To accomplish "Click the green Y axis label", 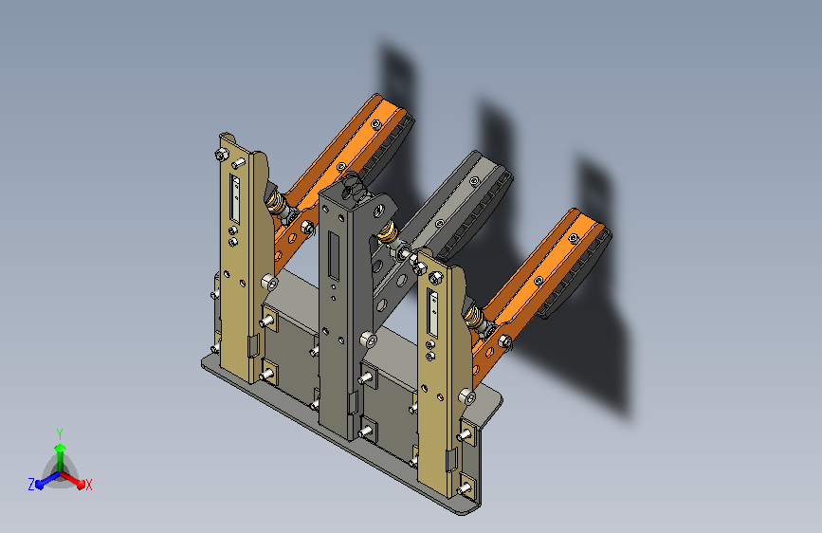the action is [60, 433].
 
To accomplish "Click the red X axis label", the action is [88, 485].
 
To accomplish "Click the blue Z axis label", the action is [31, 485].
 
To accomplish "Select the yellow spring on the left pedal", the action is [275, 202].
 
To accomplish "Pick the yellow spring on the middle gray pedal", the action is [387, 231].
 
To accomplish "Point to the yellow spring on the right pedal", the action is [473, 317].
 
